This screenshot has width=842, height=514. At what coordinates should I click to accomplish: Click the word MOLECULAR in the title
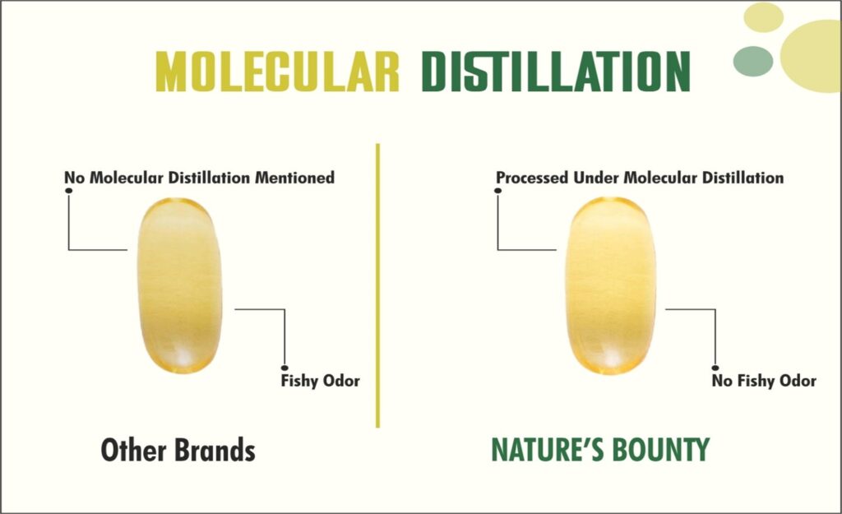tap(277, 72)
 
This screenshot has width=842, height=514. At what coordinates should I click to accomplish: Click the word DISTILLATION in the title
tap(556, 72)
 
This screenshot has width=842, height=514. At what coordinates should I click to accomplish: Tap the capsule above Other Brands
tap(179, 285)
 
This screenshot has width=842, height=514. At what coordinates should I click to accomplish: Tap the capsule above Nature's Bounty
tap(610, 285)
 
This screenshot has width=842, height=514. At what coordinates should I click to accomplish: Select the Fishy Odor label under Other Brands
tap(320, 381)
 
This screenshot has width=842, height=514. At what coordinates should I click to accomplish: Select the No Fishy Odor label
tap(764, 381)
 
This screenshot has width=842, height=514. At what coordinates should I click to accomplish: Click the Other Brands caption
tap(178, 450)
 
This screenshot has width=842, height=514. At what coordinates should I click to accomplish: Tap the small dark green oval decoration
tap(753, 61)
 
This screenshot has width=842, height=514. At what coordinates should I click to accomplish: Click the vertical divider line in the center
tap(378, 285)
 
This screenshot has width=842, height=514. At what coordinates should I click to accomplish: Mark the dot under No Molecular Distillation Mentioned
tap(69, 191)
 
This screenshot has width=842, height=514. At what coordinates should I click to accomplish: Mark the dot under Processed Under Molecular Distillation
tap(498, 191)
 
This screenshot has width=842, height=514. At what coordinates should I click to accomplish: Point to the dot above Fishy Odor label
tap(285, 368)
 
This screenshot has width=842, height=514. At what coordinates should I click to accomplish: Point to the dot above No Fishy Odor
tap(715, 368)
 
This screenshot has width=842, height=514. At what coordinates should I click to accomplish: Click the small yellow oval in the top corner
tap(764, 17)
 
